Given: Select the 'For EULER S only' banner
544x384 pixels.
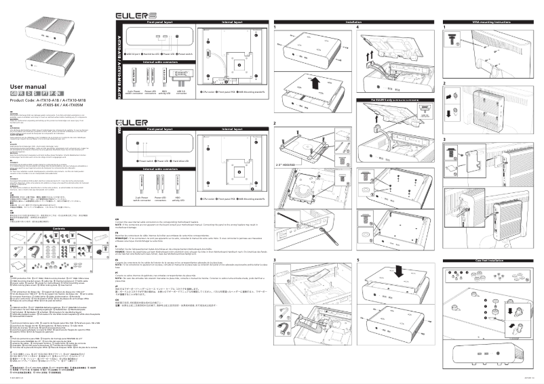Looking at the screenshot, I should click(x=394, y=100).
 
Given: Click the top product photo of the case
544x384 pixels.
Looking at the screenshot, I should click(x=47, y=30).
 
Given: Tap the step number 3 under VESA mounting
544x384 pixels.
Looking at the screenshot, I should click(x=444, y=140).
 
